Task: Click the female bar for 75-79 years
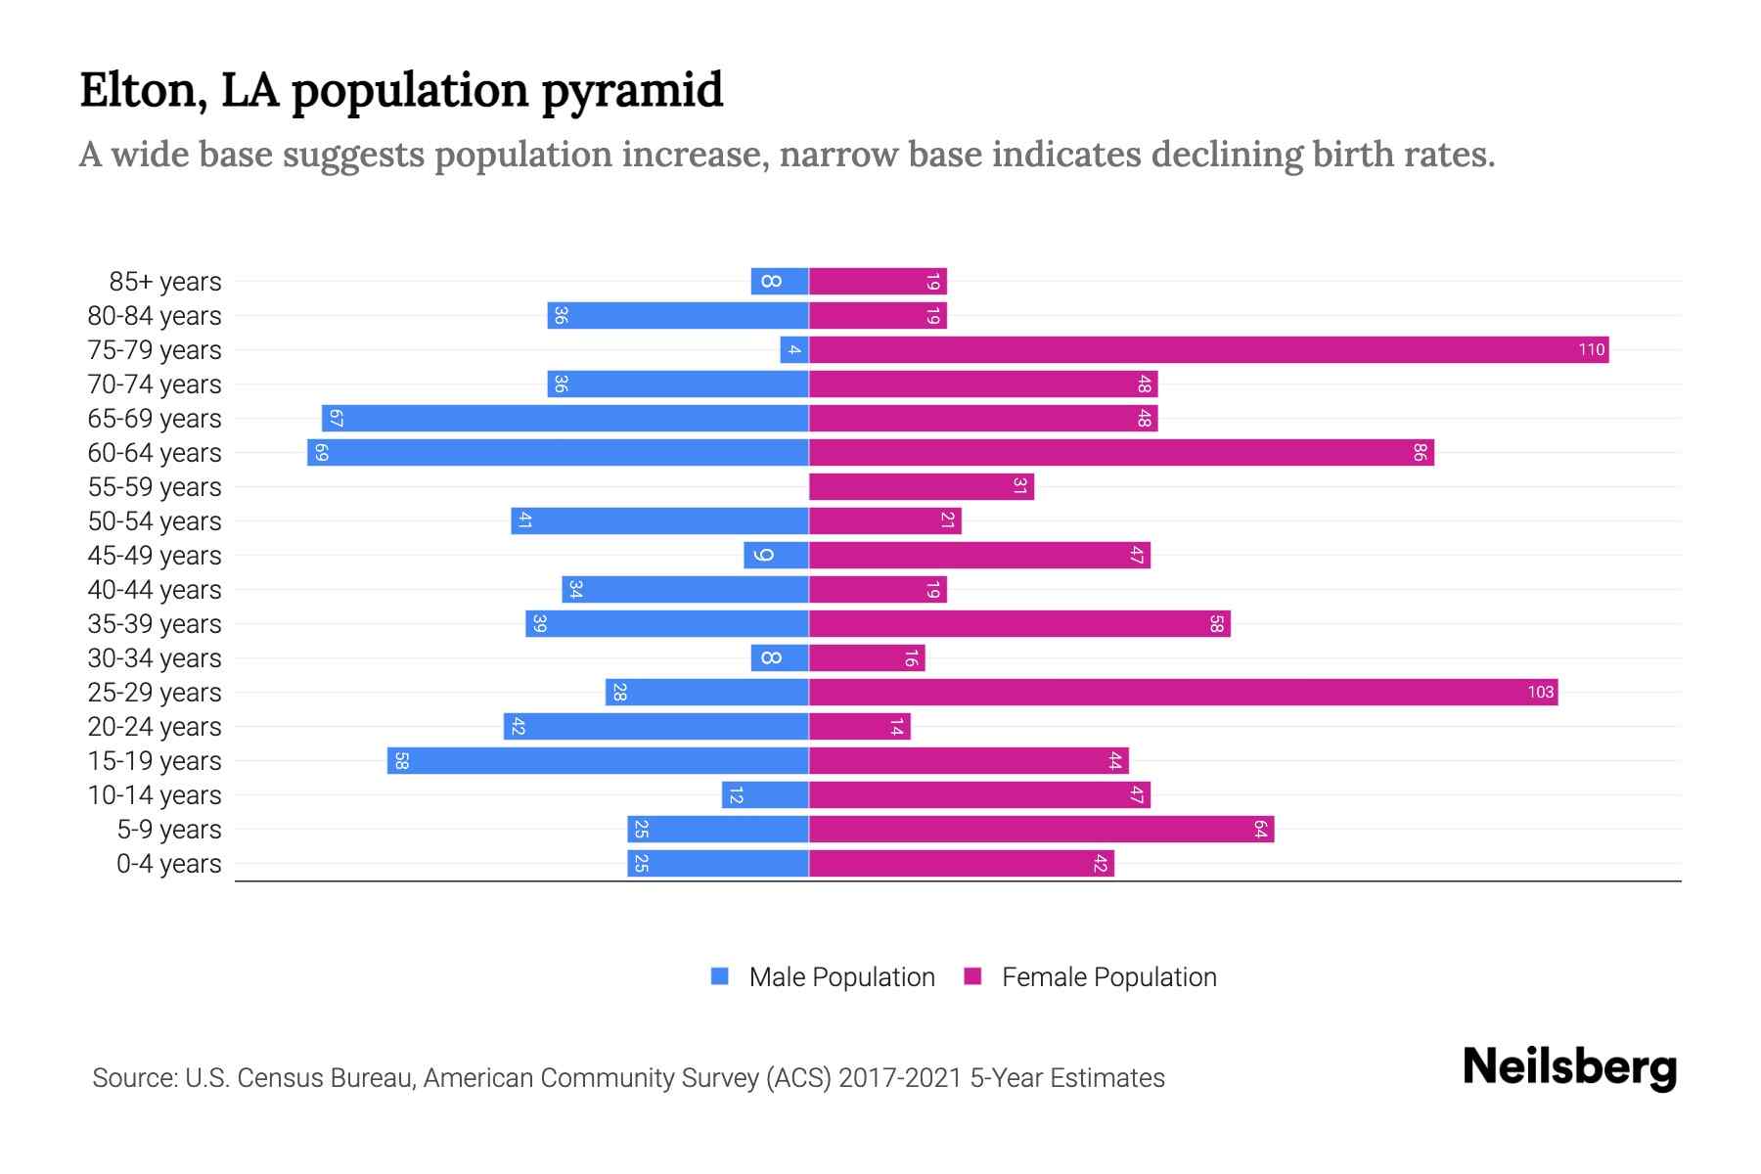click(x=1208, y=349)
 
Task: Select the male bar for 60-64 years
click(x=558, y=452)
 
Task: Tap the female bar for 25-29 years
click(x=1183, y=692)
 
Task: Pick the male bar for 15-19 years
click(x=598, y=760)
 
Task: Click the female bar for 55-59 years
click(x=921, y=486)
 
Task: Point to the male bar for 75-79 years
click(x=794, y=349)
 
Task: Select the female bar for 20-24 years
click(x=859, y=726)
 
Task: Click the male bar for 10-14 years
click(x=765, y=794)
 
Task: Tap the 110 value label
click(x=1591, y=349)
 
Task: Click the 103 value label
click(x=1540, y=692)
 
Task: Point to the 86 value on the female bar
click(x=1420, y=452)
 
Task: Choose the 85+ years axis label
click(x=164, y=282)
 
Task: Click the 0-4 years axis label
click(x=168, y=864)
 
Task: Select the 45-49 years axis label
click(x=155, y=556)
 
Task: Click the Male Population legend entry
click(x=840, y=976)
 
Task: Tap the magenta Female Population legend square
click(x=972, y=976)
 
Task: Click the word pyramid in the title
click(x=631, y=90)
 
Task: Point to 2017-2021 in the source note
click(x=900, y=1077)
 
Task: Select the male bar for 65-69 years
click(x=564, y=418)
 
